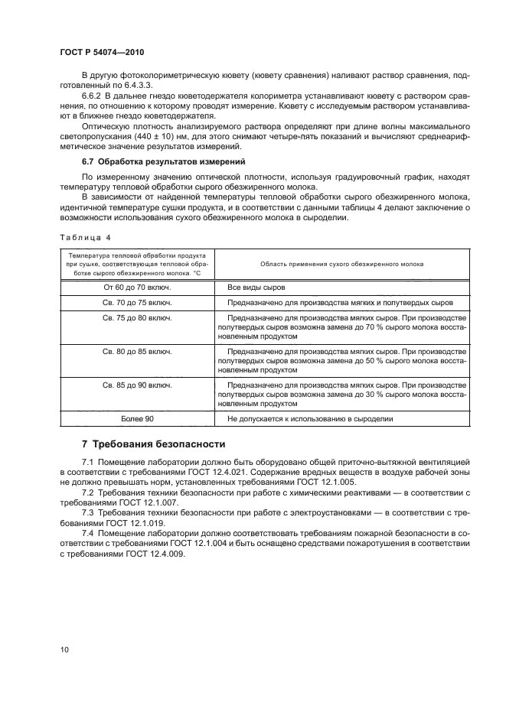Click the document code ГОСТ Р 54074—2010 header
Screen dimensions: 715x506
(x=101, y=52)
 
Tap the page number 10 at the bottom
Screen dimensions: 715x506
(x=64, y=649)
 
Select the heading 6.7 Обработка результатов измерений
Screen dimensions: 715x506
(x=162, y=161)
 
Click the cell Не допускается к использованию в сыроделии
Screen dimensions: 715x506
(x=310, y=419)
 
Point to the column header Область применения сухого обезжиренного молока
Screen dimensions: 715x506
(x=341, y=264)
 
